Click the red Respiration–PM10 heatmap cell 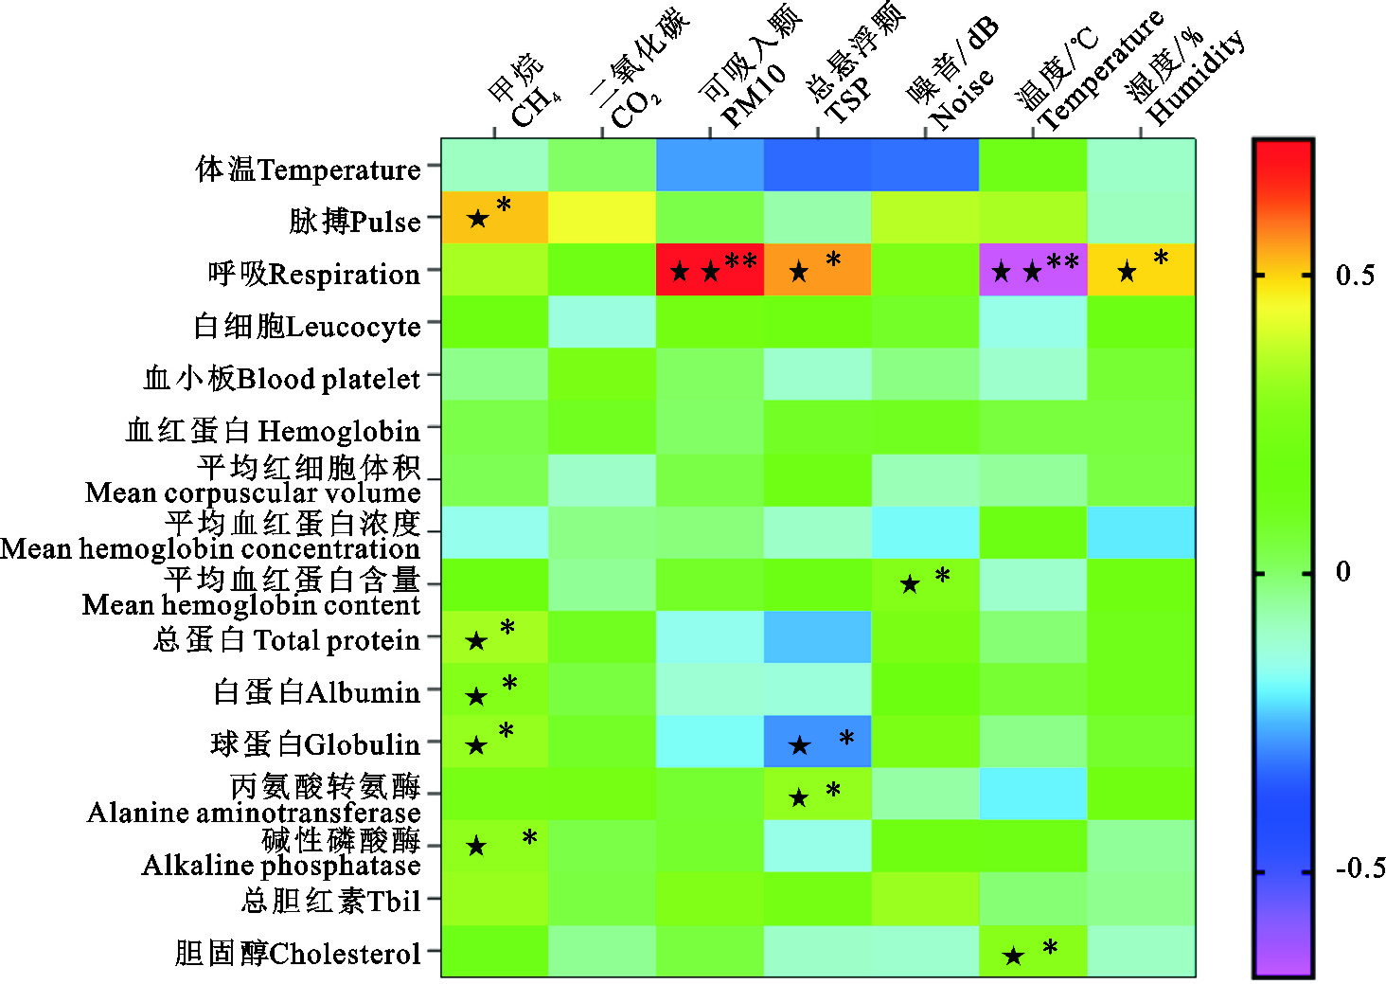(710, 270)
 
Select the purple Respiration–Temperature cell (1033, 270)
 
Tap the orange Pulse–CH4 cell (494, 218)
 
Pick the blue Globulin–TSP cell (818, 742)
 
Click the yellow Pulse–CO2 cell (602, 218)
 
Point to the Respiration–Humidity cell (1141, 270)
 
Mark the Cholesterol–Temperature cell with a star (1033, 951)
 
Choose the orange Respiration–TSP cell (818, 270)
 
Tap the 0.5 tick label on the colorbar (1355, 276)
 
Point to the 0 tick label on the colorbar (1343, 572)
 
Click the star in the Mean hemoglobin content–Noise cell (910, 584)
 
